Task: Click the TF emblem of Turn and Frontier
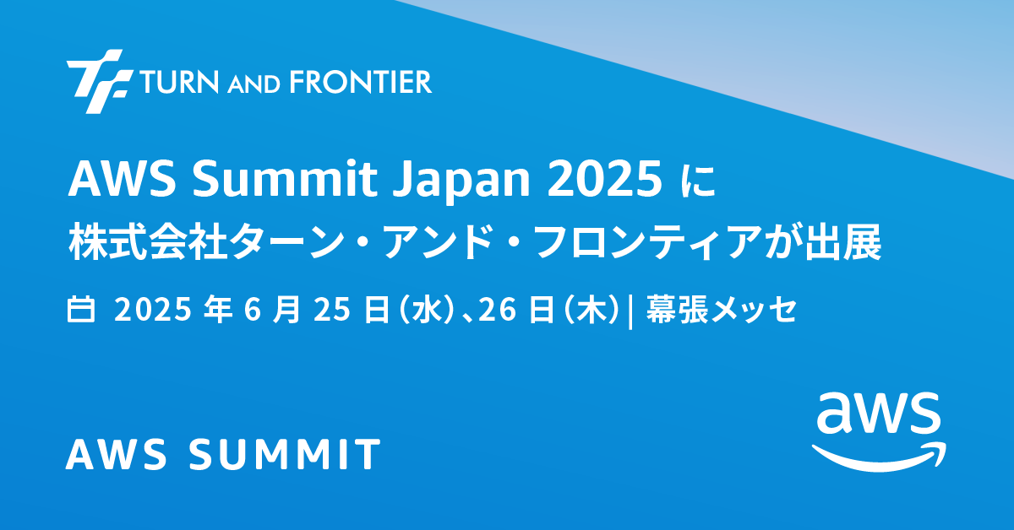99,81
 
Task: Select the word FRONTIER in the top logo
360,82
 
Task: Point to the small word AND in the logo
253,84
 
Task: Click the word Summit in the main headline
286,179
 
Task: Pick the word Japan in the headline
461,182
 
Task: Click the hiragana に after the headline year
699,181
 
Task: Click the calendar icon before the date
81,310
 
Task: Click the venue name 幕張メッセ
721,310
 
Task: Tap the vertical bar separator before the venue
630,311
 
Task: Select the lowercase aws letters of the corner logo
878,413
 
